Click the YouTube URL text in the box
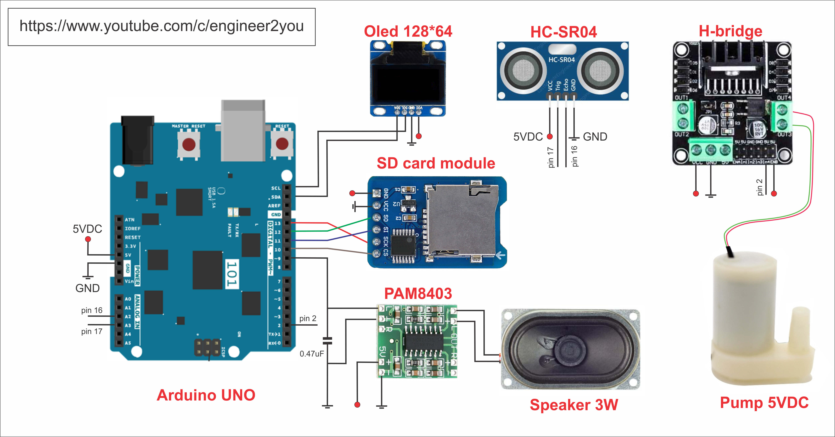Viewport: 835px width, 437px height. (x=161, y=26)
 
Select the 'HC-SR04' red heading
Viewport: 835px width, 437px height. (x=563, y=32)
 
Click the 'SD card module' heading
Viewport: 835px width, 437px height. (x=436, y=163)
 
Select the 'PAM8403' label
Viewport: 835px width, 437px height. (x=418, y=293)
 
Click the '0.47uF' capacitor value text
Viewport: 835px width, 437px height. (x=311, y=354)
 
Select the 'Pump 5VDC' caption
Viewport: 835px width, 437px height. (x=764, y=402)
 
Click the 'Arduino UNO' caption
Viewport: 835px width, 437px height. (x=206, y=395)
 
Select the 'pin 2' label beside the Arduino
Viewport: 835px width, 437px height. (x=308, y=318)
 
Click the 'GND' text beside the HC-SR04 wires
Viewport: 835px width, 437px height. (x=595, y=137)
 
